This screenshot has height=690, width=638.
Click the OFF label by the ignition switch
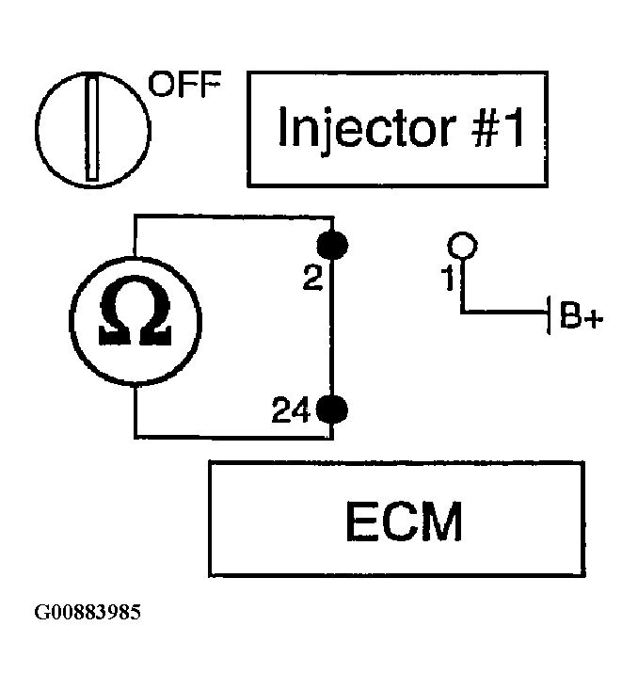click(184, 84)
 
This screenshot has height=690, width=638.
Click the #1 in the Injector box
click(498, 127)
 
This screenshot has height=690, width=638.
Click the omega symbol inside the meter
click(136, 310)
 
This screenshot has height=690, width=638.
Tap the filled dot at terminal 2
click(332, 245)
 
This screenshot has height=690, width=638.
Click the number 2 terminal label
click(312, 278)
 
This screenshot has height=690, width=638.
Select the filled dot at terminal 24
click(332, 409)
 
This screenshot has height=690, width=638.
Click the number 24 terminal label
click(292, 409)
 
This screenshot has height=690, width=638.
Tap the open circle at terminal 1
click(462, 246)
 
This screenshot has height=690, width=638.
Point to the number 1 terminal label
click(448, 278)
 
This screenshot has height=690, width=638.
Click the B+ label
click(581, 315)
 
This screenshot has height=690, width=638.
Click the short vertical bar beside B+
click(549, 315)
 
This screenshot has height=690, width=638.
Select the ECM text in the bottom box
click(405, 521)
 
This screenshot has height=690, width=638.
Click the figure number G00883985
click(88, 612)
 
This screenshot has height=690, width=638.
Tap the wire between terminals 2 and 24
click(332, 327)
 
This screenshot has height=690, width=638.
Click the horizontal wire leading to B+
click(504, 312)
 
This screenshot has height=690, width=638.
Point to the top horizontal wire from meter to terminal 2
click(233, 217)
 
